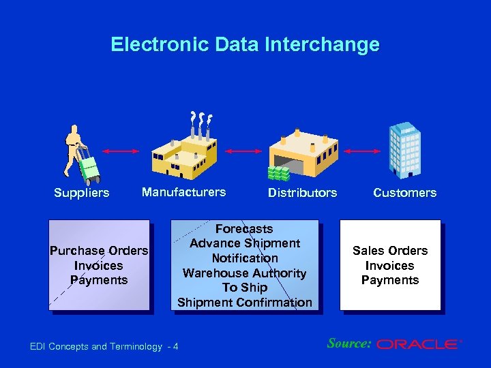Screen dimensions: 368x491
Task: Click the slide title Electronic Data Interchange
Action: [x=245, y=45]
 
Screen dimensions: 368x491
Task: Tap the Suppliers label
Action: [x=81, y=193]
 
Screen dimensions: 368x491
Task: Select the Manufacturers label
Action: [x=183, y=192]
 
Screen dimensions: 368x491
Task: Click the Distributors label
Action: [x=302, y=193]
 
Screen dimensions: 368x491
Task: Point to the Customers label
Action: [x=404, y=193]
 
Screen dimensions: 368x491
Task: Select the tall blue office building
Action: [x=404, y=150]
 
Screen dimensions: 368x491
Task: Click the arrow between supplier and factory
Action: [x=120, y=151]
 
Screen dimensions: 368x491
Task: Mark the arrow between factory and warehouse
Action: [x=243, y=151]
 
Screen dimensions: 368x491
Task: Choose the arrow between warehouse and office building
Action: [x=363, y=151]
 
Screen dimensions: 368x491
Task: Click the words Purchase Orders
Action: [x=99, y=251]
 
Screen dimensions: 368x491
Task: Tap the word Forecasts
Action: [x=244, y=229]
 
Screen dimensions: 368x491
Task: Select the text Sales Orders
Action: [x=390, y=251]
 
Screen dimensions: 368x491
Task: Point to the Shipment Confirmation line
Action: [x=244, y=303]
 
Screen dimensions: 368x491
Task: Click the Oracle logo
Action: [x=417, y=345]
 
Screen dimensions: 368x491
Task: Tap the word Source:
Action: [x=348, y=343]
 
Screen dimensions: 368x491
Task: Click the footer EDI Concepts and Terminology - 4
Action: [x=104, y=347]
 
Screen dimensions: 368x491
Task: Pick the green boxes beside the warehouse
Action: [x=278, y=174]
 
